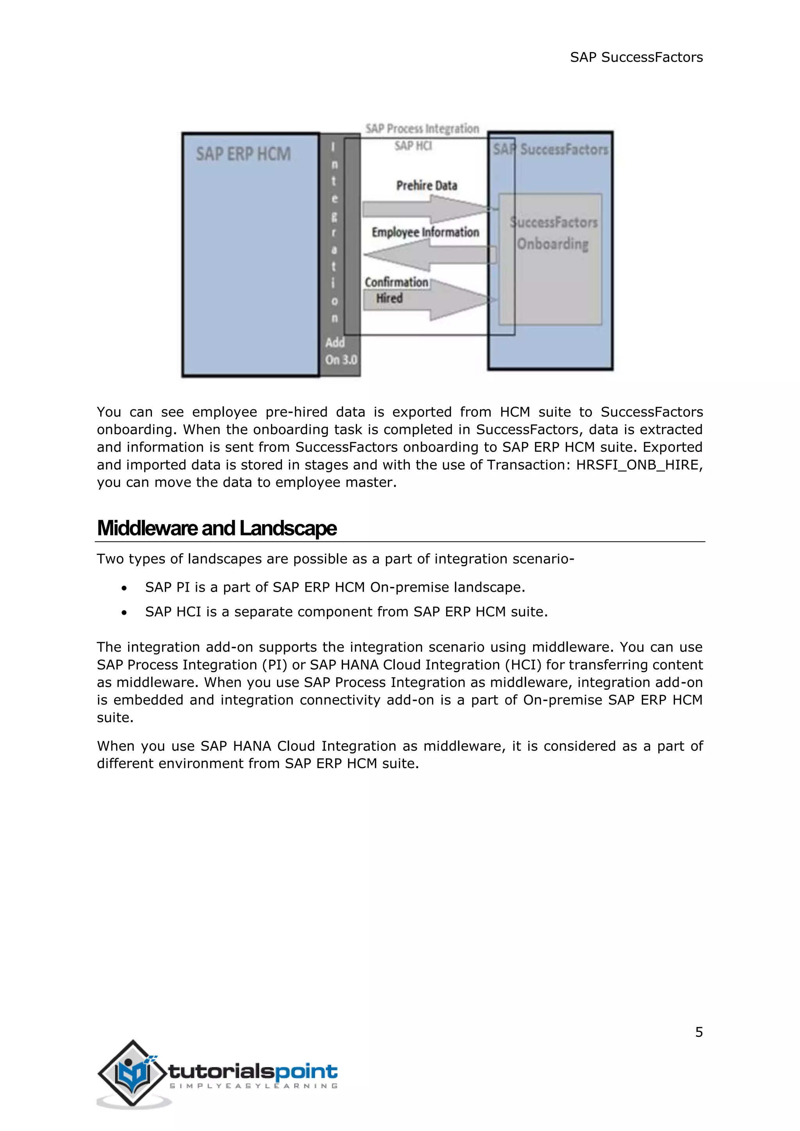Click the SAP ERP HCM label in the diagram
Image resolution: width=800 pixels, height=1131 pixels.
243,154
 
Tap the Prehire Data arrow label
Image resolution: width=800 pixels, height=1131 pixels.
427,186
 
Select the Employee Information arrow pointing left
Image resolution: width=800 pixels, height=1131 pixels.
429,255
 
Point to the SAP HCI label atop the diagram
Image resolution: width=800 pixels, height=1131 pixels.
413,146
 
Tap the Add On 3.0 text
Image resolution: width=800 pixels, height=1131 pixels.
340,351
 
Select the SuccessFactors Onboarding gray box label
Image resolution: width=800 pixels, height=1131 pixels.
553,233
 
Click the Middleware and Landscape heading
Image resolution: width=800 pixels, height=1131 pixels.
217,528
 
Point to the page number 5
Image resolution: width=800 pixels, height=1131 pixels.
698,1032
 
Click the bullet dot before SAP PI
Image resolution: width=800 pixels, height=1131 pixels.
124,588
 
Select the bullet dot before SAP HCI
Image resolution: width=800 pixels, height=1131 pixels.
124,613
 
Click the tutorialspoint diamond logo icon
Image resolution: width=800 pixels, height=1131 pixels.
132,1073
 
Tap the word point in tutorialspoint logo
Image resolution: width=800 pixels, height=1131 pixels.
306,1071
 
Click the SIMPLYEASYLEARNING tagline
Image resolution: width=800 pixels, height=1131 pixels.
253,1086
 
